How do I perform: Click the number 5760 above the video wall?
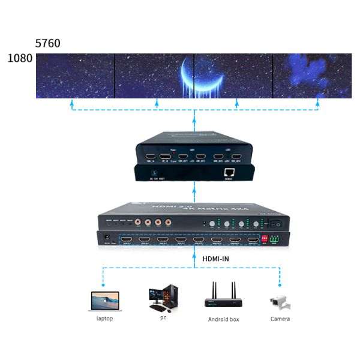coord(48,44)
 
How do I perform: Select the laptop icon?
coord(104,300)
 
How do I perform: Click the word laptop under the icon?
coord(104,319)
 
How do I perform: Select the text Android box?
coord(223,319)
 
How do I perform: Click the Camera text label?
coord(280,319)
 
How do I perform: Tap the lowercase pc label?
coord(163,317)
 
